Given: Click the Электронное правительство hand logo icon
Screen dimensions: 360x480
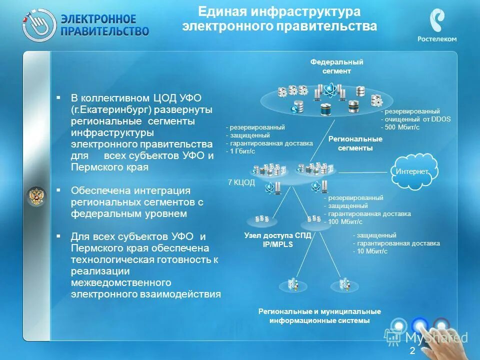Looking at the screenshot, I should [39, 25].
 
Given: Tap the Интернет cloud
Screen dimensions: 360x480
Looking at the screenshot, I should [412, 171].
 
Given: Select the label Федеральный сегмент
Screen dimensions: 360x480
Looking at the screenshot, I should [336, 66].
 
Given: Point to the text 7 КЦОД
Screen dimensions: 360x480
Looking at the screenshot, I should [241, 182].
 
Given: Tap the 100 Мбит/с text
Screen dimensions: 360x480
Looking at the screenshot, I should [343, 221].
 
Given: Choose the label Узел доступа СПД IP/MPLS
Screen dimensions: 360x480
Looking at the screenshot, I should [277, 240].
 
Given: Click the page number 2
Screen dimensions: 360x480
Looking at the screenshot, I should [412, 351].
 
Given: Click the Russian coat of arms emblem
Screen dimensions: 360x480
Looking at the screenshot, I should [36, 196].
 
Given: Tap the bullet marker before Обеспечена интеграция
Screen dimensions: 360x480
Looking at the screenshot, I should [59, 190].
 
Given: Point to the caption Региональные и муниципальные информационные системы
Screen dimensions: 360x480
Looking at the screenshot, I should [319, 316].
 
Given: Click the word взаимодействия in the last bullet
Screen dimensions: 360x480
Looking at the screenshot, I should [187, 294].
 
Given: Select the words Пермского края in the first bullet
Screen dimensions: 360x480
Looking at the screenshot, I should [109, 167].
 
